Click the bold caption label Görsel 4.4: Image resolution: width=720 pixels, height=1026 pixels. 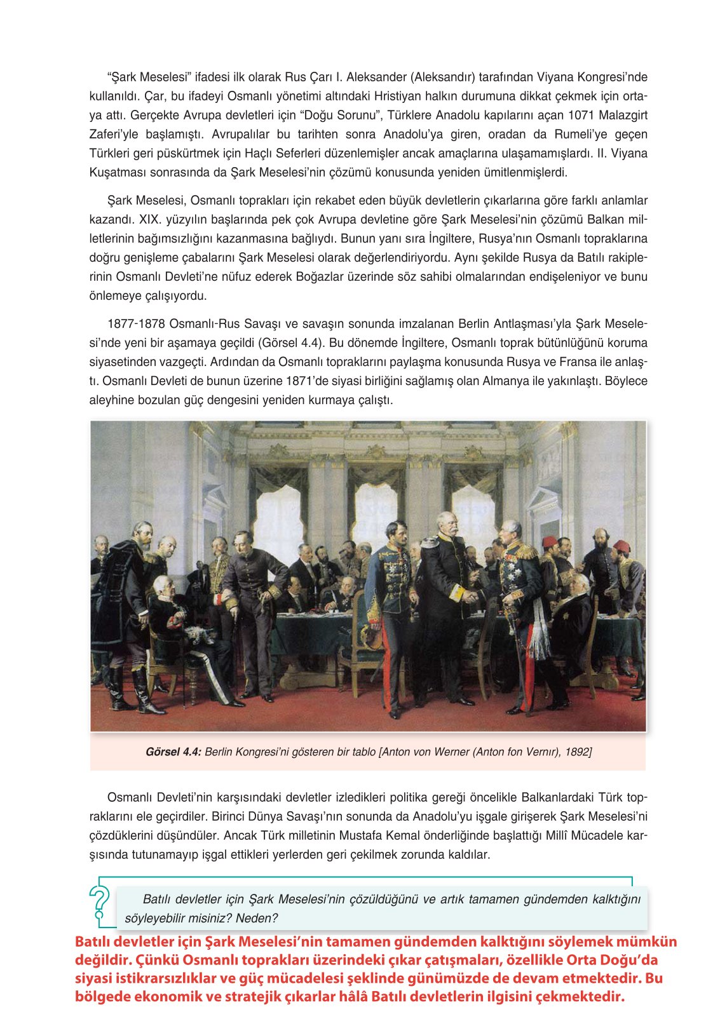pyautogui.click(x=173, y=752)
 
